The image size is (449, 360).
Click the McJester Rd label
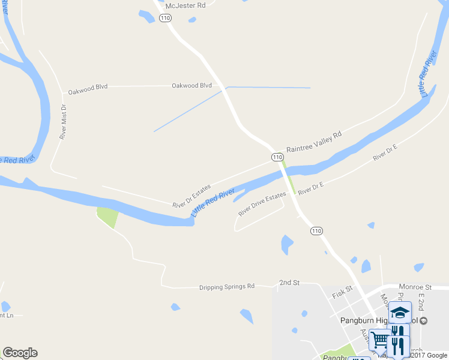click(185, 5)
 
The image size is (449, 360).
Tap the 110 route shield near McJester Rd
click(166, 19)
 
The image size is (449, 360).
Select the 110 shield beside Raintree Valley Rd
click(277, 157)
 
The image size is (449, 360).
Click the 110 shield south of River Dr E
click(316, 231)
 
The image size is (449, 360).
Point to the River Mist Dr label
click(62, 122)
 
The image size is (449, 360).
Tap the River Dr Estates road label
click(191, 196)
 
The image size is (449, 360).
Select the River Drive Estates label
click(262, 204)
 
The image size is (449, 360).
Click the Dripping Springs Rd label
click(227, 287)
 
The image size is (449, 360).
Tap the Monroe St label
click(420, 288)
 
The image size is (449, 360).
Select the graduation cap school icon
click(400, 312)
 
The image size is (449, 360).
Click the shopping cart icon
click(379, 340)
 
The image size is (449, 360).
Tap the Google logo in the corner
click(20, 353)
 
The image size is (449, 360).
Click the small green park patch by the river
click(107, 216)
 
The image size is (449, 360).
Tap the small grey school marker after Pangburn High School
click(424, 320)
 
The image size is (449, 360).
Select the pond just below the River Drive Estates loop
click(287, 244)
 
